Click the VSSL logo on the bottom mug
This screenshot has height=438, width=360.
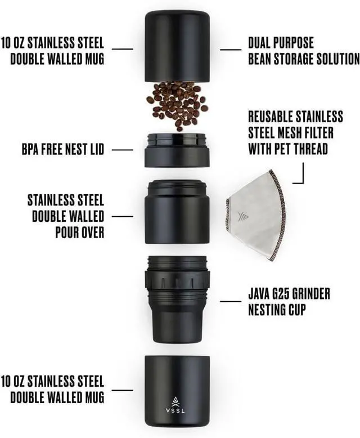175,405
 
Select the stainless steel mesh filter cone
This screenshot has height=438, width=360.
256,216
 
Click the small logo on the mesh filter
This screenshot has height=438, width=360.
241,217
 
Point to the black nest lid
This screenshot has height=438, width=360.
177,150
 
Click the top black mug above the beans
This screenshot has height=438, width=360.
177,46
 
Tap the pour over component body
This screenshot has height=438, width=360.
177,212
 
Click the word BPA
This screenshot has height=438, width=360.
30,149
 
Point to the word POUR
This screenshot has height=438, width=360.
67,233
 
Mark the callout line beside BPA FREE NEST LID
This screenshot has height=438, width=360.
122,150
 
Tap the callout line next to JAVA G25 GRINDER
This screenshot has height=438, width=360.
231,301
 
